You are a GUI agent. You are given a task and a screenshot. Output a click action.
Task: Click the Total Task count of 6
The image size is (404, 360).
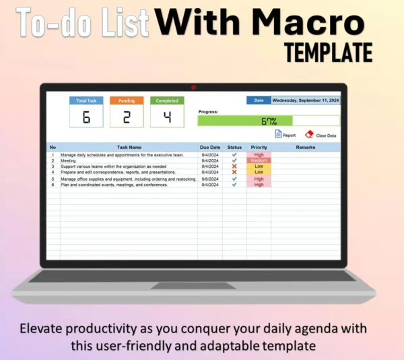pos(86,117)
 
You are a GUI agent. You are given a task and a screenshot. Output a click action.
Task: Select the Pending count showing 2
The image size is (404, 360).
pos(127,117)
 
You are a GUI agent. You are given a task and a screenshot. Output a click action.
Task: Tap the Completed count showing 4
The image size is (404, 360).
pos(167,117)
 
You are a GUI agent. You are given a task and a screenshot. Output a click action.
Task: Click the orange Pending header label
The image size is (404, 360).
pos(127,100)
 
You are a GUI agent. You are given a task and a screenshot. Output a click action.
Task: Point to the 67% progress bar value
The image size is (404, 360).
pos(269,121)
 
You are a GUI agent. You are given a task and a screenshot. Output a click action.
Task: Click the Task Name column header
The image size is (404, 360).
pos(129,147)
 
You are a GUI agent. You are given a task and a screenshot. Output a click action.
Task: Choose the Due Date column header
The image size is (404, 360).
pos(210,147)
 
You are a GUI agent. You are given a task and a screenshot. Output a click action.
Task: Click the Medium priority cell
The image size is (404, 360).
pos(259,160)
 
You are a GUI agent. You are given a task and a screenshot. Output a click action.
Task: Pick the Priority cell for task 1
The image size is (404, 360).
pos(259,155)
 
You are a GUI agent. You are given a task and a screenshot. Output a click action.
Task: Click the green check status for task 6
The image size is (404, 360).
pos(234,185)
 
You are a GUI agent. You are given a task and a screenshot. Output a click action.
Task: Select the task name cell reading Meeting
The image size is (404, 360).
pos(68,160)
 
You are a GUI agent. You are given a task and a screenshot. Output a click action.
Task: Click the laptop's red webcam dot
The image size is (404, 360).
pos(194,87)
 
